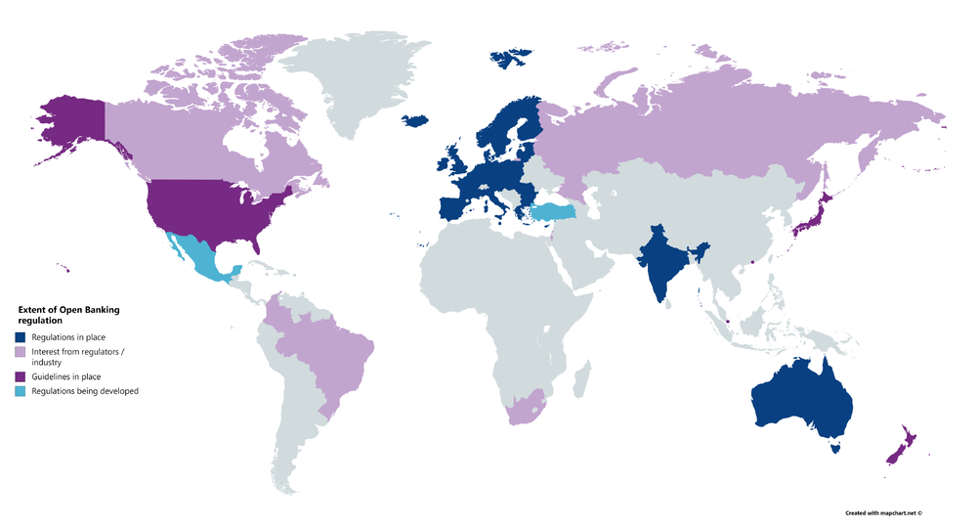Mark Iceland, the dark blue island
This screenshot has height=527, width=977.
point(414,121)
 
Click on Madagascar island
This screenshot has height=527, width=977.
point(583,375)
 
